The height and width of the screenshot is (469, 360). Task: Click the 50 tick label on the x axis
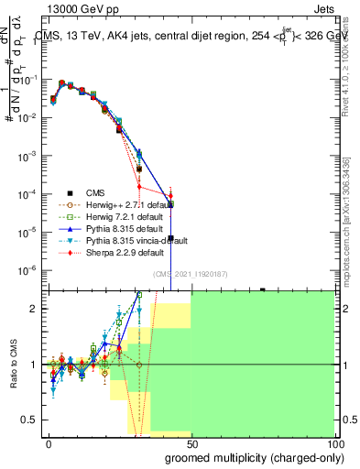click(x=191, y=444)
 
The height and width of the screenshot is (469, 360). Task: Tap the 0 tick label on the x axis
click(x=49, y=444)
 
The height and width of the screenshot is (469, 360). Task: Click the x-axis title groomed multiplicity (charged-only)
click(x=250, y=457)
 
